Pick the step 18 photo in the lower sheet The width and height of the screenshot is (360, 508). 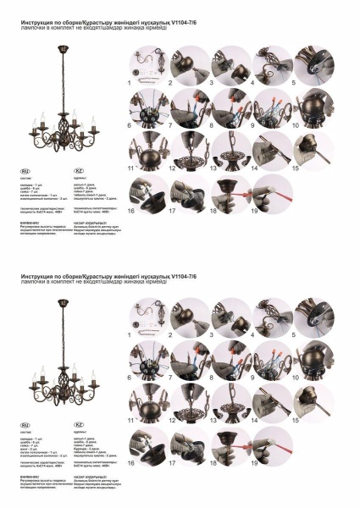(230, 442)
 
